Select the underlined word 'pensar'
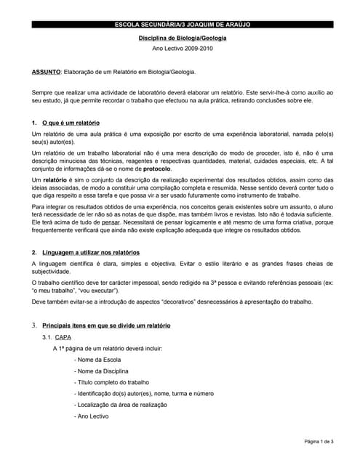[x=111, y=221]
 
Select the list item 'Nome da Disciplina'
[x=103, y=372]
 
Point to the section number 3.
[x=34, y=325]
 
